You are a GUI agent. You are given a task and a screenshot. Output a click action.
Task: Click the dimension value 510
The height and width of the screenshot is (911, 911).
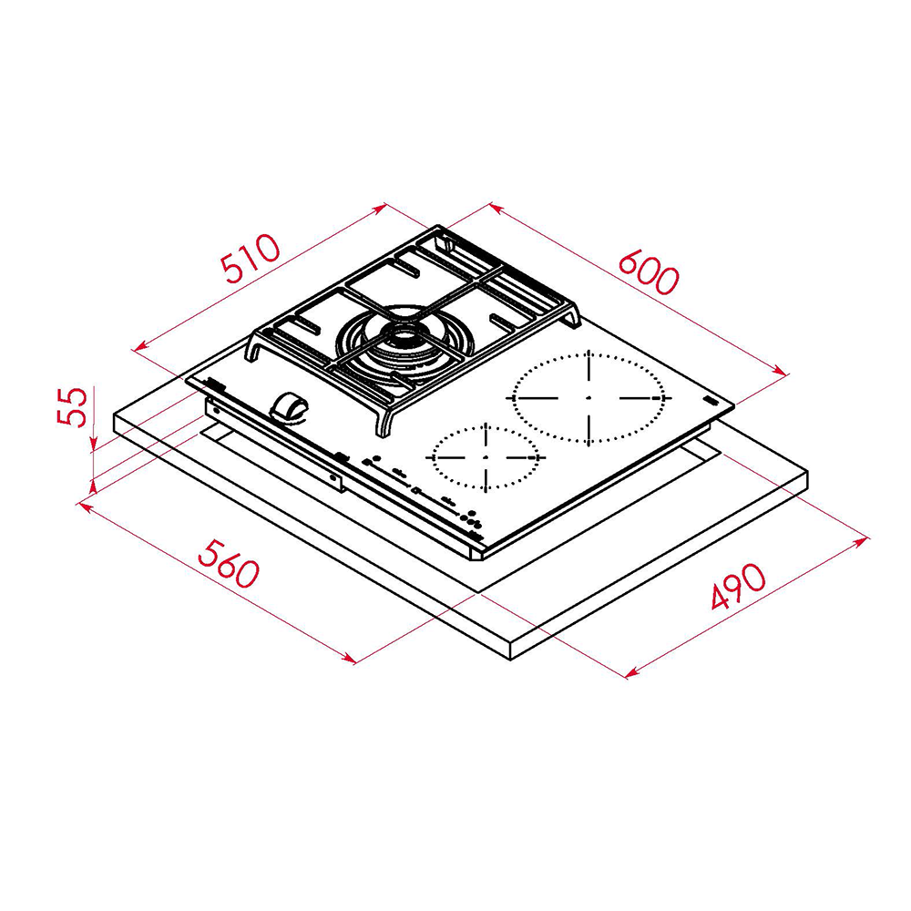coord(249,258)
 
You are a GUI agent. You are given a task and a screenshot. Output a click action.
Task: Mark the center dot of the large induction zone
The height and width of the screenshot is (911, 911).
coord(589,398)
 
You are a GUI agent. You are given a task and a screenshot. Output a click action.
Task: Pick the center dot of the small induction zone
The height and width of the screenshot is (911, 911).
coord(486,456)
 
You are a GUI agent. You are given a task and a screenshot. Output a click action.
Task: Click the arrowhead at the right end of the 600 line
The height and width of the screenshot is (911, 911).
coord(782,371)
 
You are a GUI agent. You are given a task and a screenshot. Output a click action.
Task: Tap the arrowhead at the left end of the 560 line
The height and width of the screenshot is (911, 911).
coord(85,504)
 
